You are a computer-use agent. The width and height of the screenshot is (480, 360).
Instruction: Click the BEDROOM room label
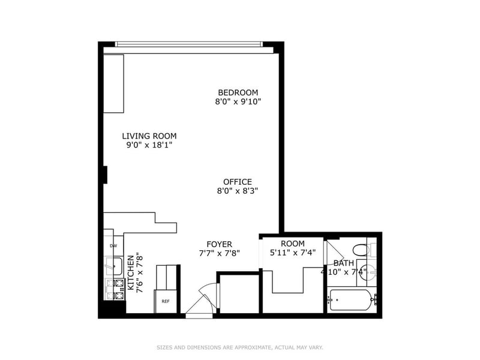238,92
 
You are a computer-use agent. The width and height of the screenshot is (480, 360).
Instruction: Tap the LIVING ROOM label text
149,136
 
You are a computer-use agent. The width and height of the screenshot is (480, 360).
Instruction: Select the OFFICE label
238,182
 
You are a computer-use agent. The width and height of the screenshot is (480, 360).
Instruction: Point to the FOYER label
219,244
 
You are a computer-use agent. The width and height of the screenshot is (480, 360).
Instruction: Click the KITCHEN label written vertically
131,273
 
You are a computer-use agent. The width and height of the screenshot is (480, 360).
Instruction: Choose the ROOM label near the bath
293,244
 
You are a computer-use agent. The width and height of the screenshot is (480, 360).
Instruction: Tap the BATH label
343,263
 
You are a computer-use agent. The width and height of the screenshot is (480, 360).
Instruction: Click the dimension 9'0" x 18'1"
149,145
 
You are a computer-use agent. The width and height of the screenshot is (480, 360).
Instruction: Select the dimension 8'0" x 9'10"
238,101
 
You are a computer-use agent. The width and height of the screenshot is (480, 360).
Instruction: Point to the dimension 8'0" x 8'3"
238,191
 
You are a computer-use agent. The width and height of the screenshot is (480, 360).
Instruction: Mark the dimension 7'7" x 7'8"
219,253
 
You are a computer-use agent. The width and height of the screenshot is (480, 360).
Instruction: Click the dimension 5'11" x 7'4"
293,253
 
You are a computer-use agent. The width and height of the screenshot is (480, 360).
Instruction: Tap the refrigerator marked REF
166,301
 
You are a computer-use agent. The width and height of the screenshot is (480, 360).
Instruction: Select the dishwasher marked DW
113,245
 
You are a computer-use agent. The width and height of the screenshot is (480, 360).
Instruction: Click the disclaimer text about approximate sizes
240,347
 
